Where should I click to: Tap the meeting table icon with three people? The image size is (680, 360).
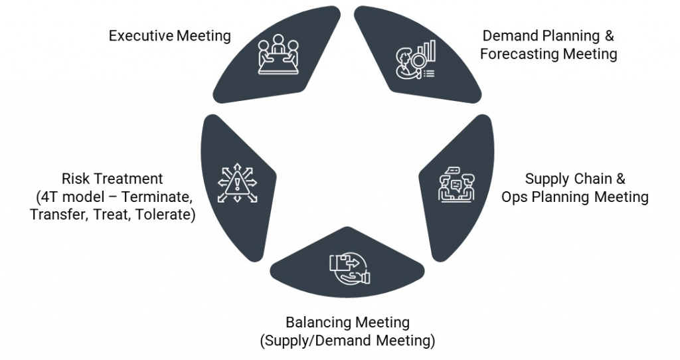coord(278,53)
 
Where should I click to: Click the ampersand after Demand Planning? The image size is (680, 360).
coord(610,35)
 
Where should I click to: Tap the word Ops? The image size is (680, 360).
coord(513,197)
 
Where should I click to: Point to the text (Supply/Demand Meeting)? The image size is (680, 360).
coord(347,341)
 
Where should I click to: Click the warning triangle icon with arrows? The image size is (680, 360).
coord(237,181)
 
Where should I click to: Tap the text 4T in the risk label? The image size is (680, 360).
coord(48,197)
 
